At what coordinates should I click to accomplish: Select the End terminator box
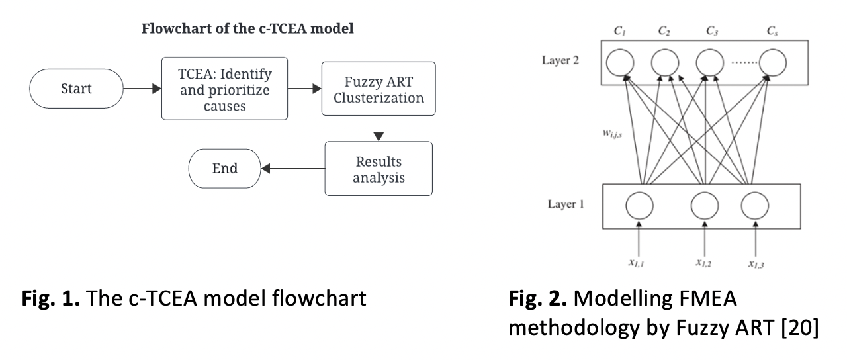pos(225,168)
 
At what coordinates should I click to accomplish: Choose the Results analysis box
pos(378,169)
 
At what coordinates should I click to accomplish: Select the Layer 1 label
pos(565,204)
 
